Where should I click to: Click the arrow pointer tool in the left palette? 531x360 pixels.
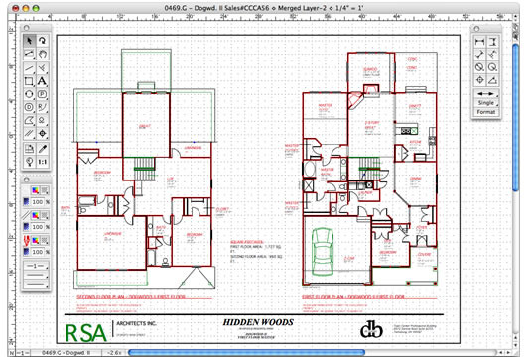tap(29, 41)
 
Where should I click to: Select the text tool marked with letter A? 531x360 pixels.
tap(43, 80)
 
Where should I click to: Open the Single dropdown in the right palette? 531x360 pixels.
tap(487, 102)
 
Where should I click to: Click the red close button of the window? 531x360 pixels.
tap(11, 8)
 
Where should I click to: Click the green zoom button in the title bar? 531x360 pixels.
tap(39, 8)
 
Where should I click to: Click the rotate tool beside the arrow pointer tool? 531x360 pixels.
tap(43, 41)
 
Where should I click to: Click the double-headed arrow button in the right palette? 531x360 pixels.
tap(487, 90)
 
